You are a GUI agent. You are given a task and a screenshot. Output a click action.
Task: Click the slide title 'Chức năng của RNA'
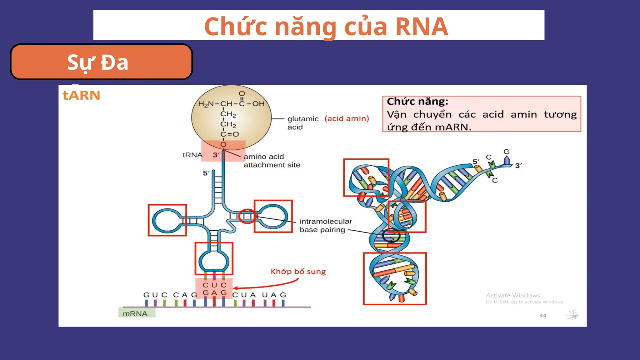pos(326,26)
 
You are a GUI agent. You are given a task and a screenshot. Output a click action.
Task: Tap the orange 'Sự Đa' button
pos(101,62)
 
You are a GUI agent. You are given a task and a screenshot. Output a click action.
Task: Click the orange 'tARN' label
pos(81,95)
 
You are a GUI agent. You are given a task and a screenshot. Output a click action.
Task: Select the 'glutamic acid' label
pos(302,123)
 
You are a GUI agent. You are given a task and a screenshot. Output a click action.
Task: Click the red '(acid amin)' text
pos(347,119)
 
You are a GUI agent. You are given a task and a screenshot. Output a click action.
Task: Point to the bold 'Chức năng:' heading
pos(417,102)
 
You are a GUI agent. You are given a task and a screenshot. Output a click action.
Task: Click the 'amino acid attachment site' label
pos(271,161)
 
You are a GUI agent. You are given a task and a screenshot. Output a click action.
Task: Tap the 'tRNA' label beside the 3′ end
pos(192,155)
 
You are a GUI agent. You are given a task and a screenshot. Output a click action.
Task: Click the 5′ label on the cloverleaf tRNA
pos(206,173)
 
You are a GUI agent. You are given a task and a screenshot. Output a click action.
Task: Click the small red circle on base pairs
pos(247,216)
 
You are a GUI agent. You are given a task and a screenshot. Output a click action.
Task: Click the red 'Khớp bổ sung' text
pos(298,272)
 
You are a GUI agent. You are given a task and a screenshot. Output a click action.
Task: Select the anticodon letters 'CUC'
pos(214,285)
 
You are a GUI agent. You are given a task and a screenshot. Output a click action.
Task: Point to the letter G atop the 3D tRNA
pos(506,152)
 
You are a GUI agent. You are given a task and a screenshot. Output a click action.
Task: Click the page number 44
pos(542,315)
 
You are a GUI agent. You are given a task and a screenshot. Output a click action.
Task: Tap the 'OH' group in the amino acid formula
pos(258,104)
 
